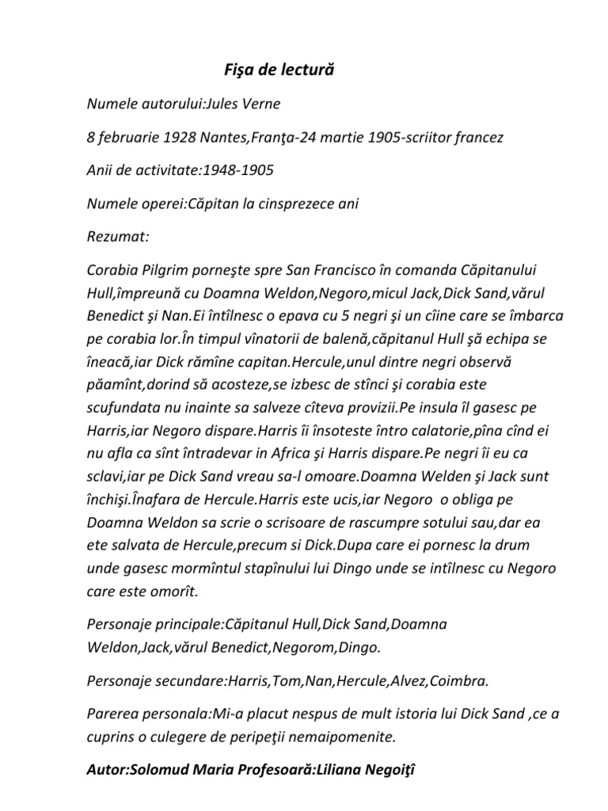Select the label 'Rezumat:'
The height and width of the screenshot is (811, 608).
tap(115, 237)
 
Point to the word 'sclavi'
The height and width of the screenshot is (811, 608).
tap(108, 478)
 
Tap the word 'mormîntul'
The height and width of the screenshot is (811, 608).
tap(191, 569)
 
